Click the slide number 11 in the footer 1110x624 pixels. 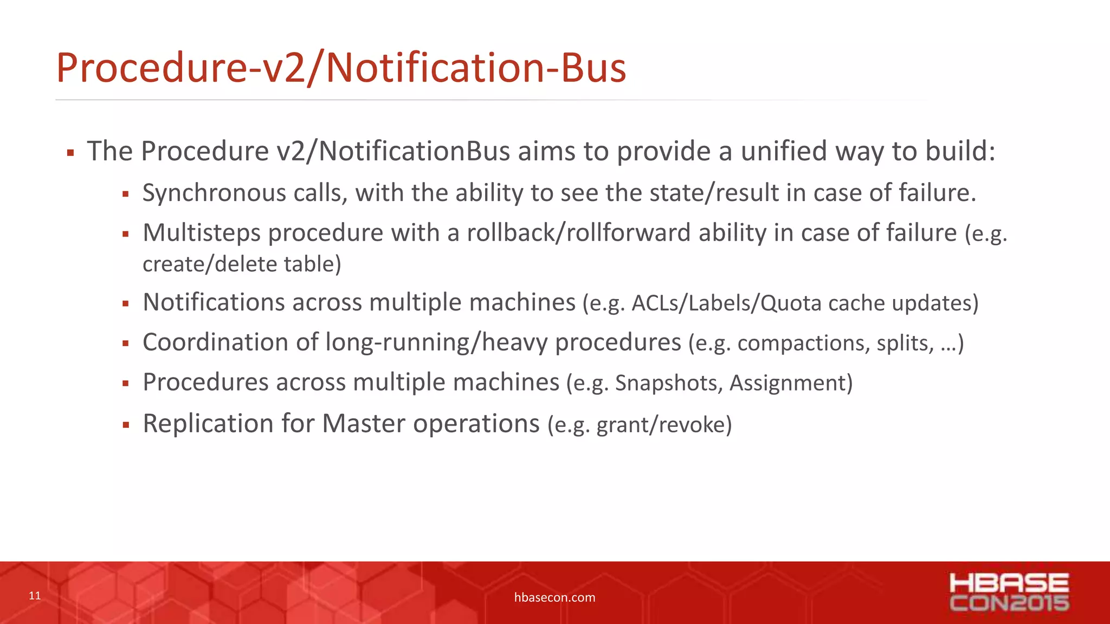click(x=35, y=596)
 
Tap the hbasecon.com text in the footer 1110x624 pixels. click(x=554, y=597)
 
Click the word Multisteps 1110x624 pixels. click(x=202, y=233)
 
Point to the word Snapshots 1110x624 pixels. click(x=668, y=383)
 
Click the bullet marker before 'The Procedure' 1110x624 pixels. click(x=70, y=153)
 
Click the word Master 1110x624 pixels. click(x=363, y=424)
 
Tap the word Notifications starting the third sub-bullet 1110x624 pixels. click(x=214, y=302)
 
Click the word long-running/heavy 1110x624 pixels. click(x=436, y=343)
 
